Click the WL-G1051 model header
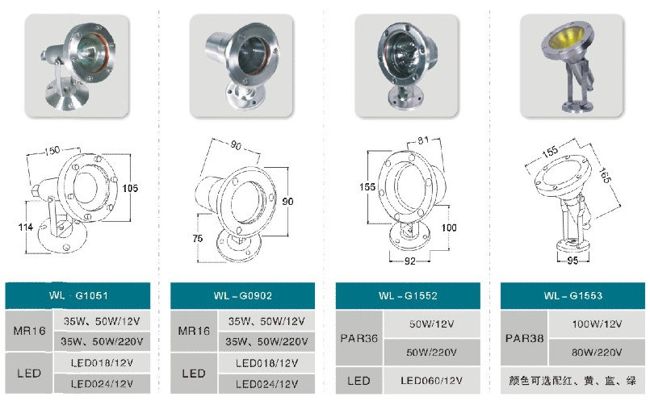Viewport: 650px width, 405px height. tap(78, 295)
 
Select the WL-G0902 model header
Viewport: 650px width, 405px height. tap(242, 295)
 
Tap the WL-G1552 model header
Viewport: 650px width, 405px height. tap(408, 295)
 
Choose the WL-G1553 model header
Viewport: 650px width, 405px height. tap(573, 295)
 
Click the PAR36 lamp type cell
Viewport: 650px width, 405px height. tap(359, 338)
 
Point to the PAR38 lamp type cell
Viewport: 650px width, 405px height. tap(524, 338)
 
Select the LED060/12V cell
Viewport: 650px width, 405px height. tap(431, 381)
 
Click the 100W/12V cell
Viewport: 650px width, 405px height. tap(597, 324)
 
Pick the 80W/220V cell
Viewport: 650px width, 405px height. tap(597, 353)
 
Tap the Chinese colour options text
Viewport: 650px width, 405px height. tap(572, 381)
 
